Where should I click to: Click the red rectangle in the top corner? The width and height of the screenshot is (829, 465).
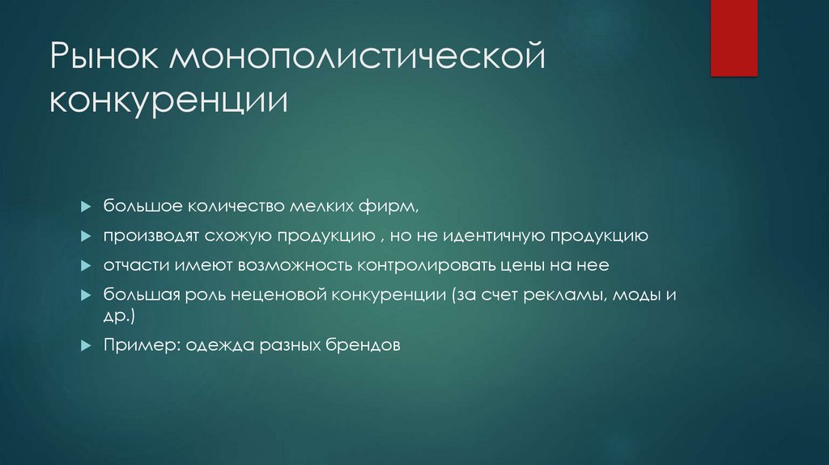(x=733, y=37)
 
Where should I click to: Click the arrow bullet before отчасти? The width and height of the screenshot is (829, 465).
(x=86, y=266)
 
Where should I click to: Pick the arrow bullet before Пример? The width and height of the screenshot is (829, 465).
(x=86, y=345)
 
